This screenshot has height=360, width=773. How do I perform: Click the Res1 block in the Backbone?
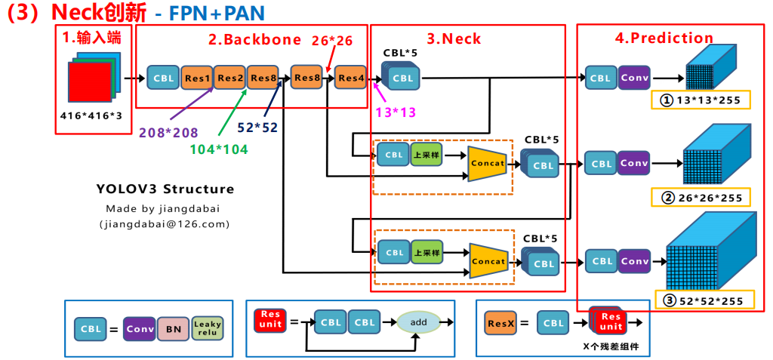pos(197,78)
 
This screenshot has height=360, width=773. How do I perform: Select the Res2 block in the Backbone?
pos(230,78)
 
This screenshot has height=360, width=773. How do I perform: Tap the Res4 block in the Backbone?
pos(351,78)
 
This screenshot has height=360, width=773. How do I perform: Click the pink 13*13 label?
pos(395,112)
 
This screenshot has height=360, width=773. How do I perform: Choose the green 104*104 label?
pos(220,149)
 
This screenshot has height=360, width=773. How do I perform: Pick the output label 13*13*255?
pos(701,100)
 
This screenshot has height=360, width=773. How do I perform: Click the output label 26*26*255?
pos(701,198)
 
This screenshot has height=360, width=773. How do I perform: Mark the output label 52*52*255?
pos(704,300)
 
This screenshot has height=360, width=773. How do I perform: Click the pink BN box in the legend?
pos(174,328)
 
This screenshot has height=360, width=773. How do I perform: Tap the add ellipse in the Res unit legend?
pos(419,322)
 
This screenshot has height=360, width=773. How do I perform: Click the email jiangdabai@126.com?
pos(164,224)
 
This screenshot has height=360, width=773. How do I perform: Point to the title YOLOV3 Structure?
pos(165,189)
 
